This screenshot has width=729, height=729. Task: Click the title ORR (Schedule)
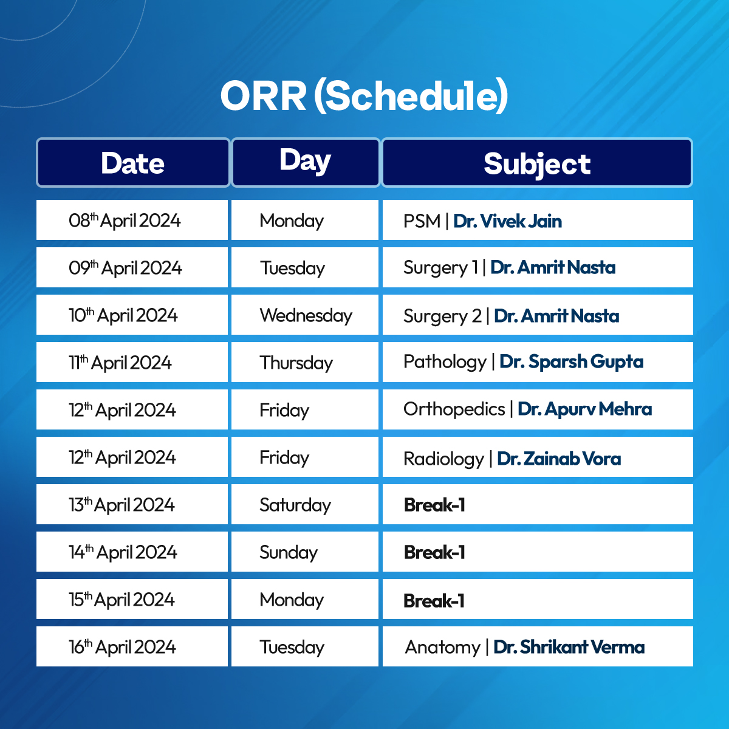[x=364, y=96]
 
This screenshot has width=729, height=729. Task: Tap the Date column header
[x=133, y=163]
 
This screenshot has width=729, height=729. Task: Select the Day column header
[x=306, y=163]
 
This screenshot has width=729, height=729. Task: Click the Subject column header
[x=537, y=163]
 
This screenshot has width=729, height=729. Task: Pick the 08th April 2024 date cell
[x=132, y=220]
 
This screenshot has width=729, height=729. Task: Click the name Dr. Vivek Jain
[x=507, y=221]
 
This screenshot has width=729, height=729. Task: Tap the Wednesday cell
[x=305, y=315]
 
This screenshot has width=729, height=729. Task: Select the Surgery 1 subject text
[x=440, y=268]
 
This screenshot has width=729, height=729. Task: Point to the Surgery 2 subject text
[x=442, y=316]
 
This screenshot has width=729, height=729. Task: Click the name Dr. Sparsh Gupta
[x=571, y=362]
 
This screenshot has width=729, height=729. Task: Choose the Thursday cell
[x=305, y=362]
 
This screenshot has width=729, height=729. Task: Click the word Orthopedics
[x=454, y=409]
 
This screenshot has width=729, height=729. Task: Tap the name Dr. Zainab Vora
[x=559, y=459]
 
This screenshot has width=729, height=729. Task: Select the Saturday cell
[x=305, y=504]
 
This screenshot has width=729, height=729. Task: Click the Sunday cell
[x=305, y=552]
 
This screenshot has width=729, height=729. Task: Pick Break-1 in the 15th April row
[x=434, y=601]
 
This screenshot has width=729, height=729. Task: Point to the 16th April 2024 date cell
[x=132, y=646]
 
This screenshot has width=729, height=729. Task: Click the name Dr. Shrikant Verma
[x=569, y=647]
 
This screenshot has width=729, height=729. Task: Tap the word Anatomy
[x=442, y=647]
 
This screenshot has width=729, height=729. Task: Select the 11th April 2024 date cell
[x=132, y=362]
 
